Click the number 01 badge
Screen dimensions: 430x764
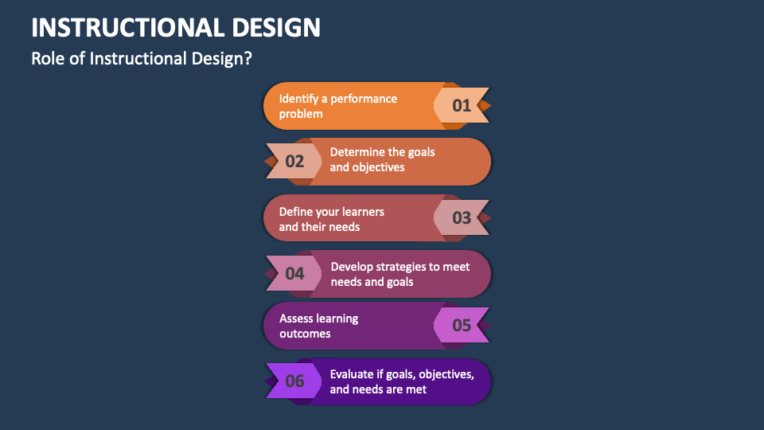click(462, 105)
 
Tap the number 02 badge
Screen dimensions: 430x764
click(294, 162)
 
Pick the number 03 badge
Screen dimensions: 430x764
click(462, 218)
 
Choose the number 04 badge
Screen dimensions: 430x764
click(294, 274)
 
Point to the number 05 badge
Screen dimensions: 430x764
click(462, 325)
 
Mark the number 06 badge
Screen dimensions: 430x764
click(294, 381)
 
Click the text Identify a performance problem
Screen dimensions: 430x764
click(338, 106)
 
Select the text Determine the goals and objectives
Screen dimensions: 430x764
click(382, 159)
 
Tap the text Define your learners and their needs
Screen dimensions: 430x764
click(331, 219)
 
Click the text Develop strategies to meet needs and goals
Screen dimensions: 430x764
click(400, 274)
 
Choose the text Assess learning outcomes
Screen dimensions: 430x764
click(318, 326)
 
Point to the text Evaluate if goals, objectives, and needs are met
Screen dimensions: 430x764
click(402, 381)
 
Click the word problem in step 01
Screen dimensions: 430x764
click(301, 114)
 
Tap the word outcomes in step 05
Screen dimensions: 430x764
click(305, 334)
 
